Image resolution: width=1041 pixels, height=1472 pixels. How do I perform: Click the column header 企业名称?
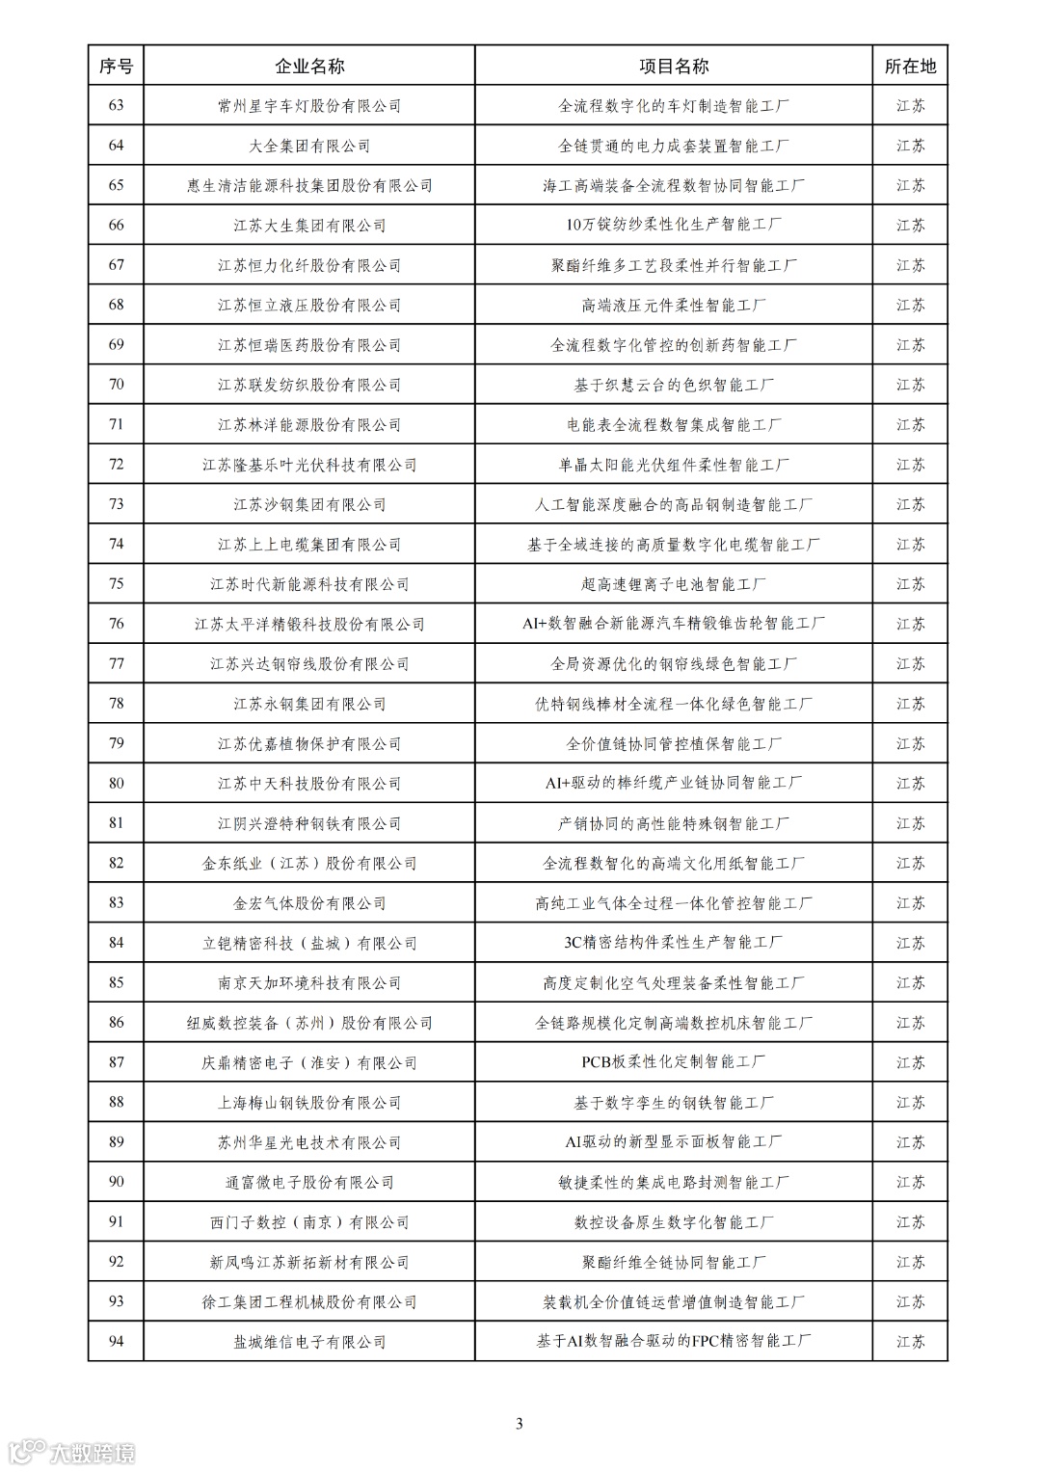pos(309,67)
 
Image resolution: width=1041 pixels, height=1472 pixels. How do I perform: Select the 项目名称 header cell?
pos(674,67)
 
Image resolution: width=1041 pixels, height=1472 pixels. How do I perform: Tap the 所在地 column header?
pos(910,67)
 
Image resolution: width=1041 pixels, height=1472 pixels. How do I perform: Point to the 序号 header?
pos(117,67)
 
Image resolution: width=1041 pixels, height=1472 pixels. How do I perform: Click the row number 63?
pos(117,106)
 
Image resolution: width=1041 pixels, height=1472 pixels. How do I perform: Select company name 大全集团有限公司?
pos(309,146)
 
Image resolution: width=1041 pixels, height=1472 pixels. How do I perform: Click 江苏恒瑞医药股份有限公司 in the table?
pos(309,345)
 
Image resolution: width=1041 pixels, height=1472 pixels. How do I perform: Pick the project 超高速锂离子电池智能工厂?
pos(674,584)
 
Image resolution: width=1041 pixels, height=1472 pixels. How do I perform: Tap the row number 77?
pos(117,664)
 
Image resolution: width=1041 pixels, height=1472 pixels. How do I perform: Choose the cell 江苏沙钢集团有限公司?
pos(309,504)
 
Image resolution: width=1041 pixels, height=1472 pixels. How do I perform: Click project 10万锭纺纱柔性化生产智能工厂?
pos(674,226)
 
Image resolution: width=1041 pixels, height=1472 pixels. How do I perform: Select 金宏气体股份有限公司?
pos(309,903)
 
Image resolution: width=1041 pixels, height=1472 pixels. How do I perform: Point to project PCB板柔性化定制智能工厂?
pos(674,1062)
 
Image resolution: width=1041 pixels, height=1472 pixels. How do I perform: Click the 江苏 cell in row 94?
pos(910,1342)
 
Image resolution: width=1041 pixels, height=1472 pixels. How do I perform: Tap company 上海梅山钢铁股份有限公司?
pos(309,1103)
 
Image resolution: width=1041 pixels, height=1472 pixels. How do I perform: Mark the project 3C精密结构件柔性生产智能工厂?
pos(674,943)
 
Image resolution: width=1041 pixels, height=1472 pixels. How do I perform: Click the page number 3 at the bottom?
pos(520,1424)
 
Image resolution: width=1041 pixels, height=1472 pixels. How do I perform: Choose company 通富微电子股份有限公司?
pos(309,1183)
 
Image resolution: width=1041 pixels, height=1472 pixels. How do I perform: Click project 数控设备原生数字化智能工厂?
pos(674,1222)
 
